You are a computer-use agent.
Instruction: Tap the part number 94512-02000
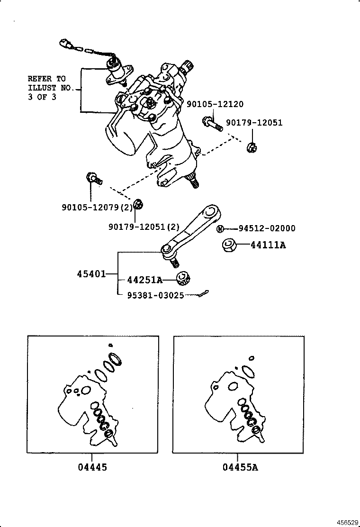point(267,228)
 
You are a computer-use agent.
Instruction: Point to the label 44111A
point(268,245)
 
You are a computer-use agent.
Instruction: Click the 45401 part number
point(91,274)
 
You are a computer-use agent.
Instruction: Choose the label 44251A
point(144,280)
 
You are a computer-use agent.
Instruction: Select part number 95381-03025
point(155,295)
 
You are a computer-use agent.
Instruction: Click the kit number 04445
point(92,467)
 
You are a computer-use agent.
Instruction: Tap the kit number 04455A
point(240,467)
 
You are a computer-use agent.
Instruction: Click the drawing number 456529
point(348,522)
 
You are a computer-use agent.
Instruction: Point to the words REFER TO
point(46,79)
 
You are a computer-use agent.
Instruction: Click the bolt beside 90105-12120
point(212,124)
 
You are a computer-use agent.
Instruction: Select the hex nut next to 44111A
point(229,245)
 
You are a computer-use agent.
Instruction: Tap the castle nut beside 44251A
point(184,278)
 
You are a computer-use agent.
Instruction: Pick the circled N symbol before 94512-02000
point(220,229)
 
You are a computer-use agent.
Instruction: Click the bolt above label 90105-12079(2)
point(93,178)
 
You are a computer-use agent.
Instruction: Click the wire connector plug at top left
point(66,44)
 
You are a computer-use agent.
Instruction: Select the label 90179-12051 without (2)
point(254,123)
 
